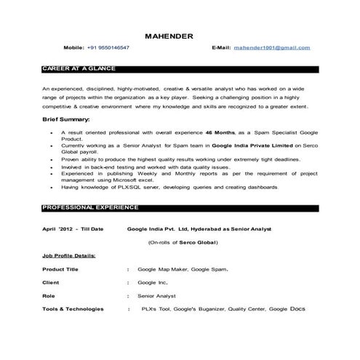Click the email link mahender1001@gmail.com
click(271, 47)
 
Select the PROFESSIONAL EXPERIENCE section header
click(81, 207)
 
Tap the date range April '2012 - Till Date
click(72, 228)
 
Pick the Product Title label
click(61, 270)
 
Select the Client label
click(50, 282)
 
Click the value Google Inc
click(153, 282)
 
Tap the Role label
click(48, 296)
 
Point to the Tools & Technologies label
click(73, 309)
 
